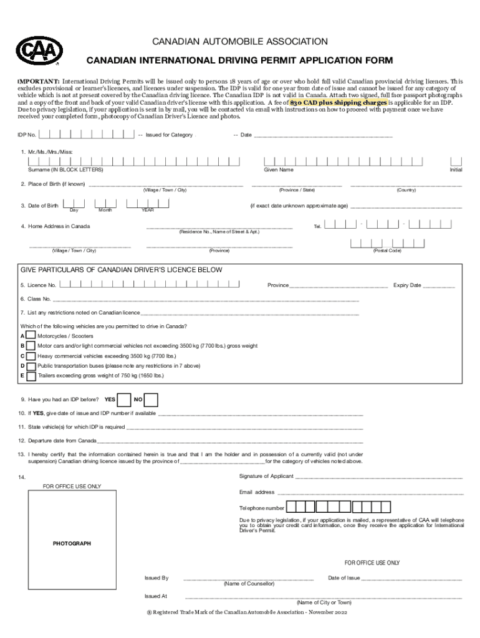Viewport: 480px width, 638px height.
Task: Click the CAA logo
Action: click(39, 50)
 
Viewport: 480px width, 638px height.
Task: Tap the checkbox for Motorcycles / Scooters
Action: click(30, 335)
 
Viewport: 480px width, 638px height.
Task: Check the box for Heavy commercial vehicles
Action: click(30, 356)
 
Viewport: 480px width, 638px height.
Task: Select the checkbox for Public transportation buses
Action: click(30, 366)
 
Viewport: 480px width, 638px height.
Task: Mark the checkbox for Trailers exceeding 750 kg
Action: click(30, 376)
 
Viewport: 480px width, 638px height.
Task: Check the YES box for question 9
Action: click(124, 399)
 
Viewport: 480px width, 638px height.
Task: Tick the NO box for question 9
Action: click(151, 399)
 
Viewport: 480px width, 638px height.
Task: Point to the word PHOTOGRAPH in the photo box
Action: click(72, 543)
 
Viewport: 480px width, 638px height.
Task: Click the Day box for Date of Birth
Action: click(74, 204)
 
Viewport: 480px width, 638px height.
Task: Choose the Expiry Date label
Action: click(407, 285)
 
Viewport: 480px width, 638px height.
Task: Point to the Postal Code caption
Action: click(386, 250)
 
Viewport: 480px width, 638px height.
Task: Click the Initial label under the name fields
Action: click(456, 170)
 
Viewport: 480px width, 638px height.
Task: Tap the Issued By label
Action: click(156, 578)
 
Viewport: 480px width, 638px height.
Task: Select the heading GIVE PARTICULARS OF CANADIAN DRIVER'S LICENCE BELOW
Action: click(122, 270)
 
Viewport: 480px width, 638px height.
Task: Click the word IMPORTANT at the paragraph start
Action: click(39, 82)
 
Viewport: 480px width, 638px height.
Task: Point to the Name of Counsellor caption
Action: click(249, 584)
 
